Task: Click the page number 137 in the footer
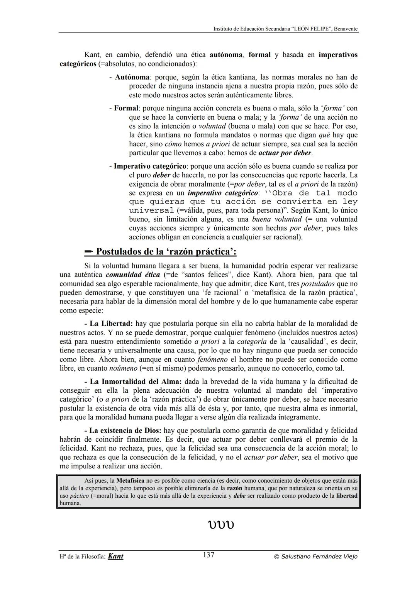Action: click(x=208, y=555)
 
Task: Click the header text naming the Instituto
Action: click(x=285, y=29)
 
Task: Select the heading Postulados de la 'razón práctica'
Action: click(x=166, y=252)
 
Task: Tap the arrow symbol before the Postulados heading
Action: click(x=89, y=252)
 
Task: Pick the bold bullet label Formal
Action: click(x=126, y=108)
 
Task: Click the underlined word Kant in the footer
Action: click(x=115, y=556)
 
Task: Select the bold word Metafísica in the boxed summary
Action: click(x=130, y=481)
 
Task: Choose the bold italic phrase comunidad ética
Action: click(x=132, y=275)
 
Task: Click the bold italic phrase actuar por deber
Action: click(x=285, y=153)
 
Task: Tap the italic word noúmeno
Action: click(x=123, y=368)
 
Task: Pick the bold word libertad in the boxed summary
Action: click(x=346, y=495)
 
